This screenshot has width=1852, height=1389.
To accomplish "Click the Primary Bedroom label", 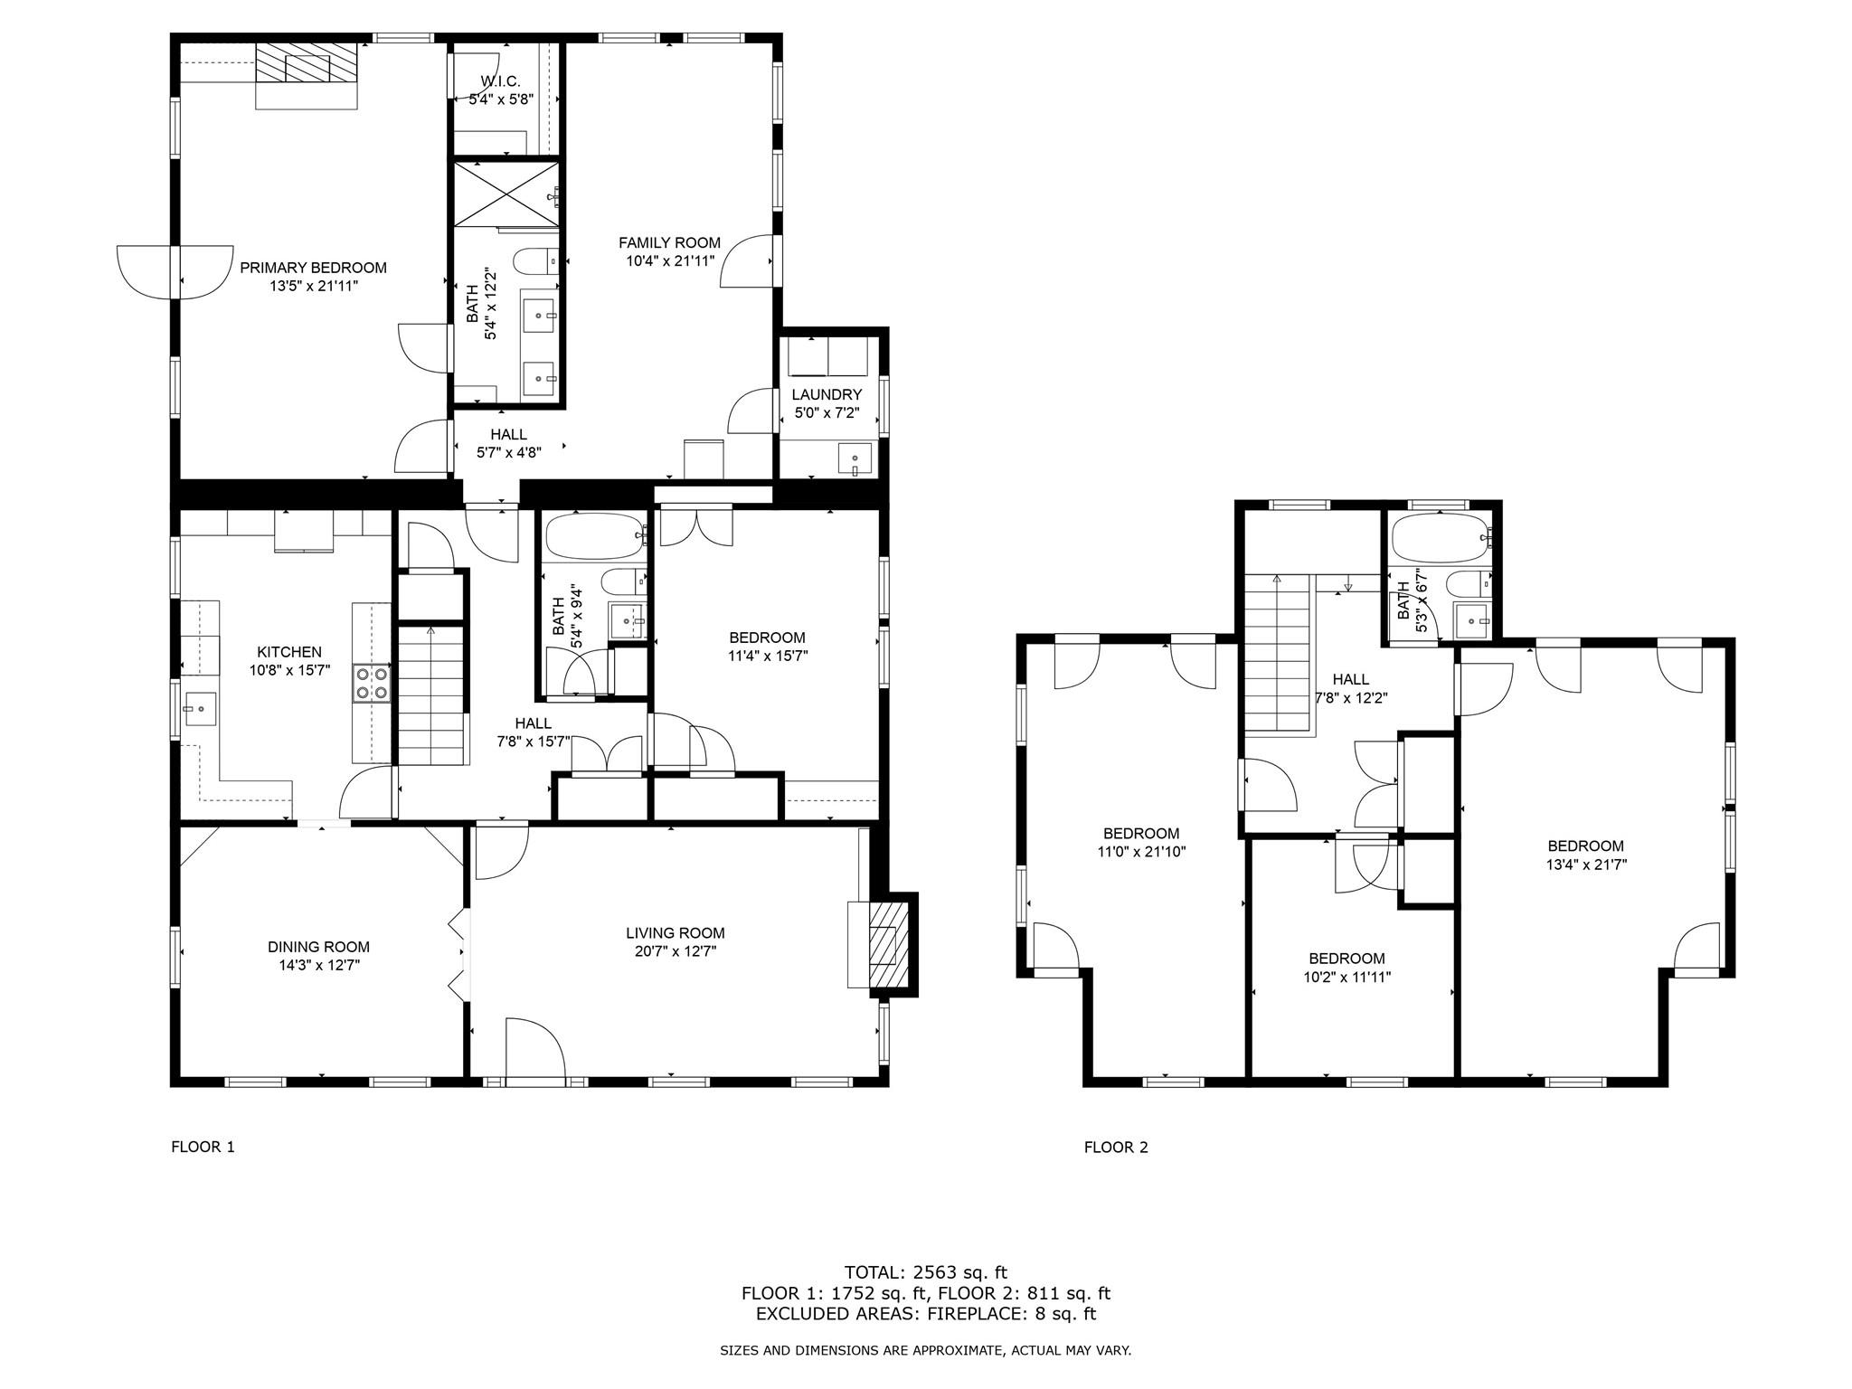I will pos(313,268).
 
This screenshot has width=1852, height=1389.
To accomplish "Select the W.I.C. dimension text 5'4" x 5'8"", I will pos(501,99).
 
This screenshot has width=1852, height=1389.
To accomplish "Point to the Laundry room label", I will pos(827,395).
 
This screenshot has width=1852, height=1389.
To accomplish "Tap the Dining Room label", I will pos(318,947).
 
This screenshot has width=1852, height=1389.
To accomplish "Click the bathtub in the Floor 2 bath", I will pos(1438,542).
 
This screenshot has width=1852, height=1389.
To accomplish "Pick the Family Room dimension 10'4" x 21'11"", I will pos(670,261).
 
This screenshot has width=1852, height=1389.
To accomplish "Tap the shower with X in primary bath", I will pos(506,194).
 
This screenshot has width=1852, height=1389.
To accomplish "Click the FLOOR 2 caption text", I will pos(1116,1148).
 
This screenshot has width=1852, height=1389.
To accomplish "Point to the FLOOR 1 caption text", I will pos(203,1148).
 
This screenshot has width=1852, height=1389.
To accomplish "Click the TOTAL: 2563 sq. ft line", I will pos(925,1272).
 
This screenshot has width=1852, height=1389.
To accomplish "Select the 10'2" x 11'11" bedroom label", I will pos(1346,977).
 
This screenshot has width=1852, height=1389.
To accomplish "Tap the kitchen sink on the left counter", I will pos(199,710).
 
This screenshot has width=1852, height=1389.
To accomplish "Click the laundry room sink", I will pos(855,459).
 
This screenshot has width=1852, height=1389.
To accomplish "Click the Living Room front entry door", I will pos(535,1049).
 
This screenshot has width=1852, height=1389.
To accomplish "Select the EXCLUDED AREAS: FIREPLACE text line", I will pos(925,1314).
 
